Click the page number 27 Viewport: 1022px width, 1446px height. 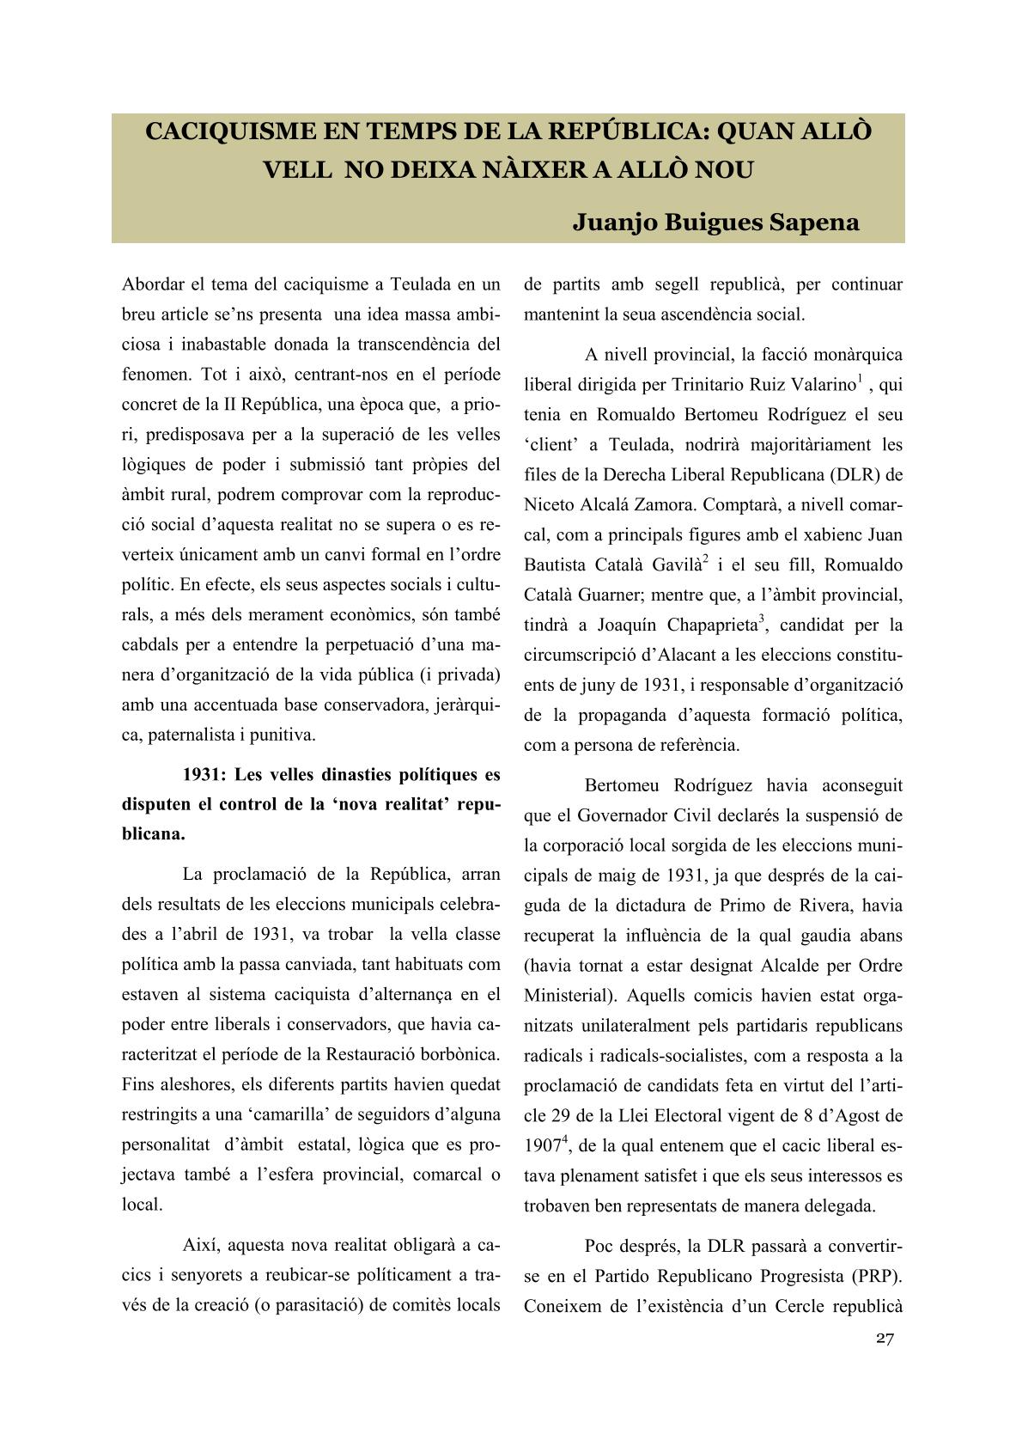885,1338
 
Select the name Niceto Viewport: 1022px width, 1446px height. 551,505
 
